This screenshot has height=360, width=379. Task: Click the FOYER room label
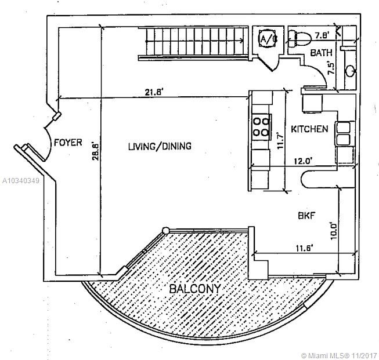68,142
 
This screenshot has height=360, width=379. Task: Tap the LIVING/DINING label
160,146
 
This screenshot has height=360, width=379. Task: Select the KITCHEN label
310,129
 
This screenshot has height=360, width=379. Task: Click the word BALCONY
194,289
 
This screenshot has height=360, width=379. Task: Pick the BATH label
321,53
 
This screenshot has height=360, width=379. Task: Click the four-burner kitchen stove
261,125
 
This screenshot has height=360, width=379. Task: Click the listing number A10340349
20,181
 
